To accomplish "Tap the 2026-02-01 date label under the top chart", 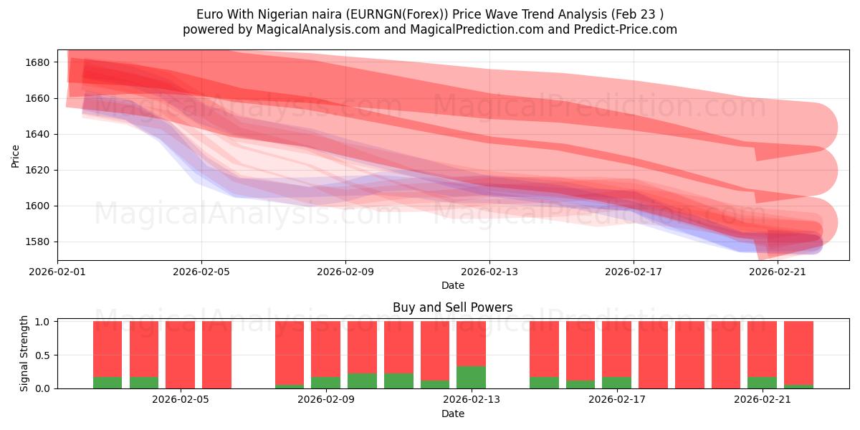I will coord(57,272).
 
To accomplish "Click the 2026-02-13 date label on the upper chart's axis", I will coord(489,272).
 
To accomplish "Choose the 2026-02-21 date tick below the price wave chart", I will coord(778,272).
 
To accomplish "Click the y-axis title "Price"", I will coord(16,156).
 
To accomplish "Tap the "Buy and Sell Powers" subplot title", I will coord(452,307).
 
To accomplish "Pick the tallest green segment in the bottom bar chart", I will coord(471,377).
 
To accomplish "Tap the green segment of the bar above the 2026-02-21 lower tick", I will coord(762,383).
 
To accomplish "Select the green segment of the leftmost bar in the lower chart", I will coord(107,383).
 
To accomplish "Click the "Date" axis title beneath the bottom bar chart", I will coord(452,414).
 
